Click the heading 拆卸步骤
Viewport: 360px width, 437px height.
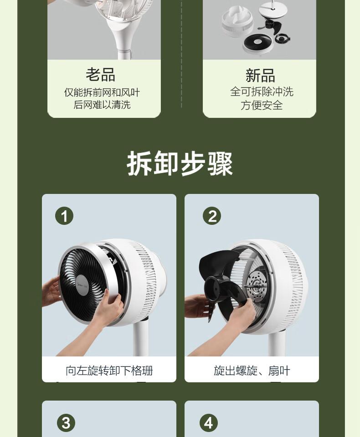180,164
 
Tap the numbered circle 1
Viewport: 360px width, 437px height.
64,216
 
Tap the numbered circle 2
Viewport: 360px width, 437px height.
212,216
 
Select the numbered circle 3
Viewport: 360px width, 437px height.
66,423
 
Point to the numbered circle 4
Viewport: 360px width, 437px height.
209,423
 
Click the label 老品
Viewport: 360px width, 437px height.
100,74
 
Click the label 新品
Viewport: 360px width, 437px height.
260,75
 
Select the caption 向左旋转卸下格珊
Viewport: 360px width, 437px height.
109,371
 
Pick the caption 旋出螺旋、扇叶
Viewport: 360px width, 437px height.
252,371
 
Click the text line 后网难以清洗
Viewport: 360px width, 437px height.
102,105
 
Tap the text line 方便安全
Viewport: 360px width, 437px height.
262,105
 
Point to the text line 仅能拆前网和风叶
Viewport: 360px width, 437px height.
102,92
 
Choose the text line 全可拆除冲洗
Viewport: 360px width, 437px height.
262,91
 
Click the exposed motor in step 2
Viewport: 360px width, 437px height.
257,287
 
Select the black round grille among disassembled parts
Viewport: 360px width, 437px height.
257,42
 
